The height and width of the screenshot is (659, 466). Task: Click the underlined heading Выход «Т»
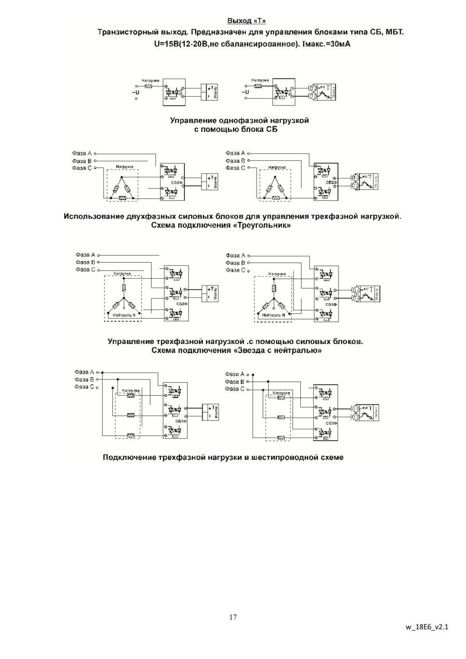pos(247,21)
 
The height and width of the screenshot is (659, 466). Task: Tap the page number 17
pos(233,617)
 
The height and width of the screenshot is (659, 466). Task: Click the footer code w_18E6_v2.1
pos(427,627)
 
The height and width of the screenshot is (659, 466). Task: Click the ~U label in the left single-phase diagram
pos(136,92)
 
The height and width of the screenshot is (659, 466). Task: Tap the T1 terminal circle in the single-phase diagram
pos(312,88)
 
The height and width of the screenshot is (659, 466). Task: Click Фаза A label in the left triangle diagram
pos(82,154)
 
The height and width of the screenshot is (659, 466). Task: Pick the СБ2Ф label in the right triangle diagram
pos(331,183)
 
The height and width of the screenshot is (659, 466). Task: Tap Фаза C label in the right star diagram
pos(235,271)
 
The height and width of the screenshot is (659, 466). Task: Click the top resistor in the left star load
pos(123,288)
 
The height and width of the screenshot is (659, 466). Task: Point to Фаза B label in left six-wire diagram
pos(83,379)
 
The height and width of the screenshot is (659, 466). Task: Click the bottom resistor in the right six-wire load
pos(281,438)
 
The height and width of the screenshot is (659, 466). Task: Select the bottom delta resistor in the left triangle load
pos(123,198)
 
